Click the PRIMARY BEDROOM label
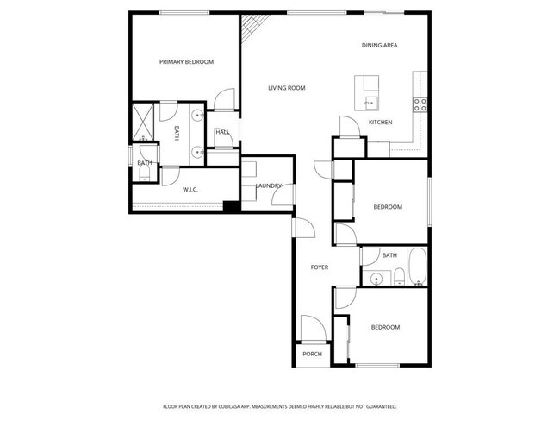pos(186,62)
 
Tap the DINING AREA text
pos(379,45)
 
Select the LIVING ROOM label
pos(286,88)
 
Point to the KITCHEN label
pos(380,123)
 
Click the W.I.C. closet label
pos(190,189)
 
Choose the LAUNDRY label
pos(269,185)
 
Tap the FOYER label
pos(320,267)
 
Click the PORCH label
pos(312,354)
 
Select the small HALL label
pos(222,132)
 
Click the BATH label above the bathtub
pos(389,255)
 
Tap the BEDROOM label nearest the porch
pos(385,327)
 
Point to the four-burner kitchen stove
pos(420,104)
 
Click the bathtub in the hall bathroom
pos(417,267)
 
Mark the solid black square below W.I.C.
pos(230,206)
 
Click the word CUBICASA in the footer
pos(246,406)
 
